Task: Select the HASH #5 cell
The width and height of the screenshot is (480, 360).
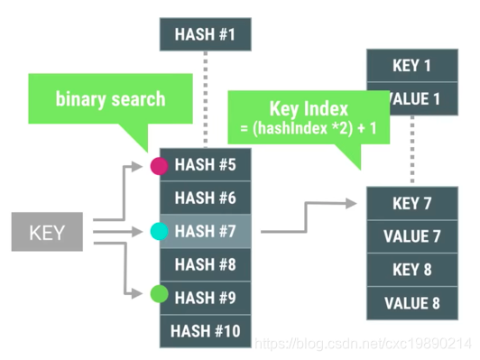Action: (x=205, y=165)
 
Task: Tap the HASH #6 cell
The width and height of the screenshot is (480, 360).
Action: (x=205, y=198)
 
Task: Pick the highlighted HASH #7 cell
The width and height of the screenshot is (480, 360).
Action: (x=205, y=231)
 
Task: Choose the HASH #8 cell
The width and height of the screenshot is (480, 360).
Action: (x=205, y=264)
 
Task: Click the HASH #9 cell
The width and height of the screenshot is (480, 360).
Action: (x=205, y=297)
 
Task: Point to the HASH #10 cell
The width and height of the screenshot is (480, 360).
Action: (x=205, y=330)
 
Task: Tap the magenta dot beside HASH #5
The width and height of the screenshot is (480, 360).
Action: (x=159, y=166)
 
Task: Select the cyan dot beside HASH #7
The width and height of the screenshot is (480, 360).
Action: (x=159, y=232)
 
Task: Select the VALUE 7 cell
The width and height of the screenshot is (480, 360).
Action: (x=411, y=236)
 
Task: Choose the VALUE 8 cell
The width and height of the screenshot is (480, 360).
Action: (x=411, y=303)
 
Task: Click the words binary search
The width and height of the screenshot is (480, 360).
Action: (x=110, y=98)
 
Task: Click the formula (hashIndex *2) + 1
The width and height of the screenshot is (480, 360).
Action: (x=309, y=129)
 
